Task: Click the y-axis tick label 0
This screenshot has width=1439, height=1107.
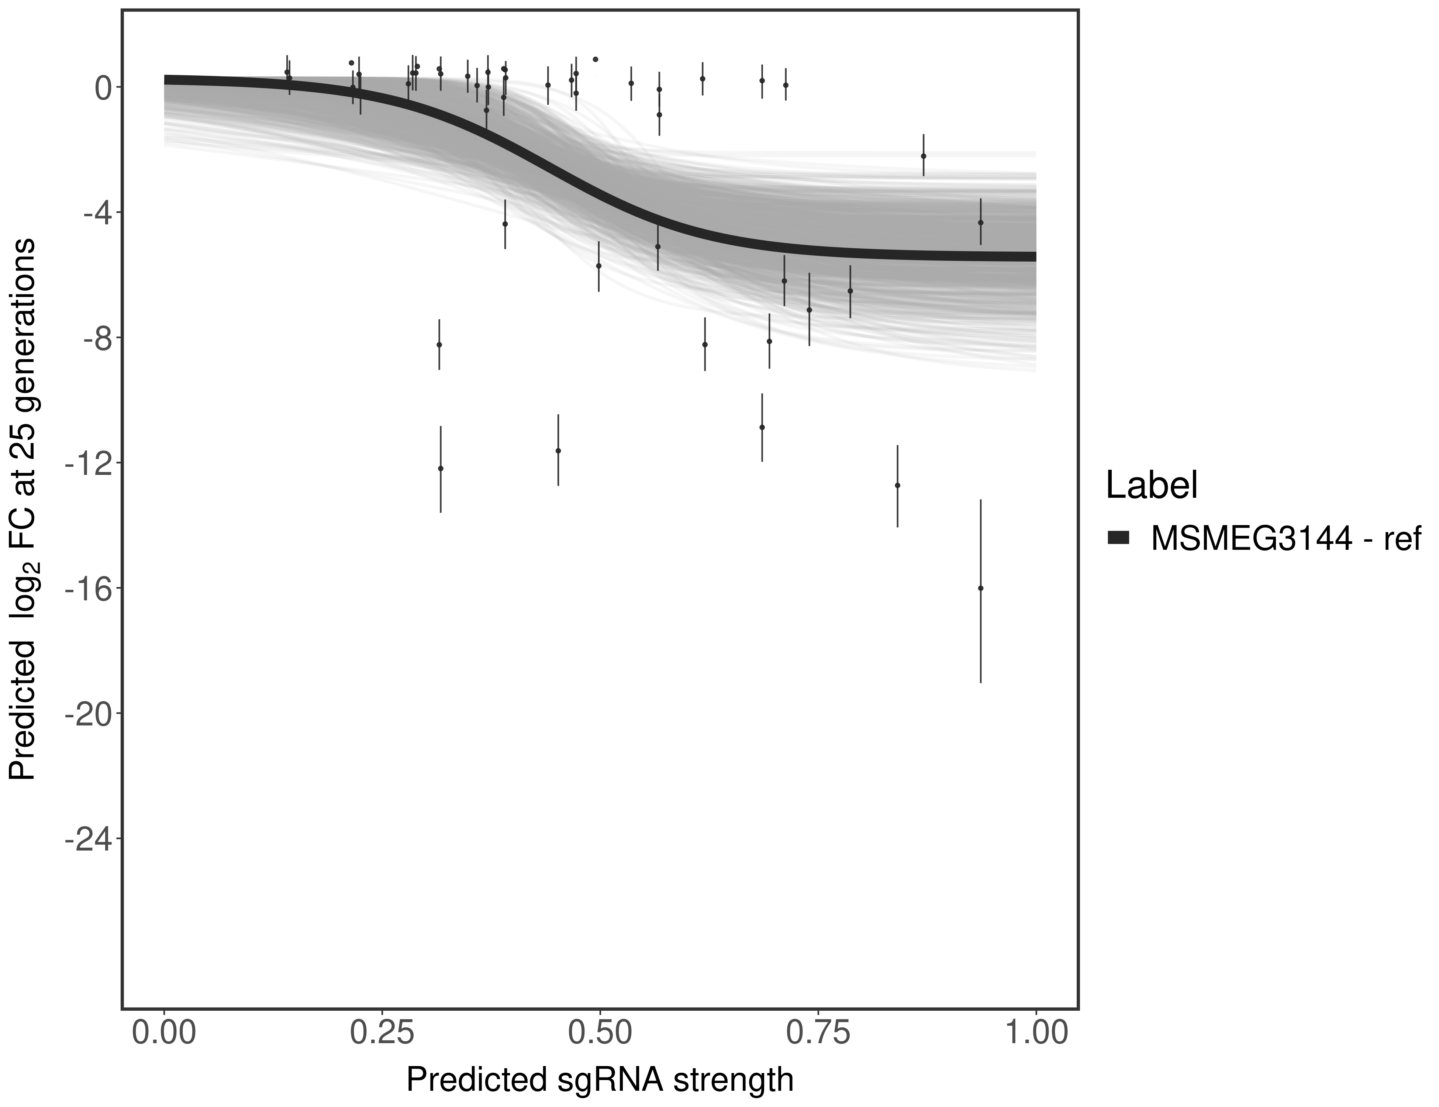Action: point(102,88)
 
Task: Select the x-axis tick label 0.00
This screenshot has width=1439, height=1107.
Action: point(164,1031)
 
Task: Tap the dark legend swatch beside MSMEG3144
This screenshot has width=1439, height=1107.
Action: point(1118,538)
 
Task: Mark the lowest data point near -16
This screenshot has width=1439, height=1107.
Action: point(980,588)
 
